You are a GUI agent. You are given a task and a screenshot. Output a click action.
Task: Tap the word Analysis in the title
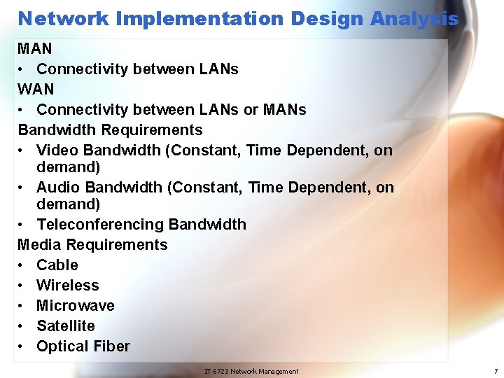coord(414,19)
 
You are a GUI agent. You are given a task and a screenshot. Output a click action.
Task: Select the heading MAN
coord(35,49)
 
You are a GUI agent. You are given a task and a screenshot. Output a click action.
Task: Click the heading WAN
coord(36,90)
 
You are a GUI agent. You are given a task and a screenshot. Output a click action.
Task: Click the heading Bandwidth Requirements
coord(110,130)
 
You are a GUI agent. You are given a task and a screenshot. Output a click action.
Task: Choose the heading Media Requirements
coord(92,245)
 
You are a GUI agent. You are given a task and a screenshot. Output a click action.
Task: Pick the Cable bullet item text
coord(57,265)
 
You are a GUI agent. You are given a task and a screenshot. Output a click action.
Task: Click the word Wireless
coord(68,286)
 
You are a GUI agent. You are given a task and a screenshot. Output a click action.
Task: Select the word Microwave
coord(76,306)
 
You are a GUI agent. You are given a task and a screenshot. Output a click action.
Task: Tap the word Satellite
coord(66,326)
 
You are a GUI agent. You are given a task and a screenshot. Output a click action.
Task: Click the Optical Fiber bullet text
coord(83,346)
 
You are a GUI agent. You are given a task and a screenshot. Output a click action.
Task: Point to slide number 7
coord(496,371)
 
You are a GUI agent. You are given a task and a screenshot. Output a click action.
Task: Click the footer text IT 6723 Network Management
coord(251,371)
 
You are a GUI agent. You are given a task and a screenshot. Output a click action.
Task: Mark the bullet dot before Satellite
coord(23,326)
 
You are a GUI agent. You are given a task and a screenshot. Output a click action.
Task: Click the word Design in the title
coord(328,19)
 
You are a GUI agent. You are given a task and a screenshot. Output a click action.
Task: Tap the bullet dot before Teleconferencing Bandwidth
coord(23,225)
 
